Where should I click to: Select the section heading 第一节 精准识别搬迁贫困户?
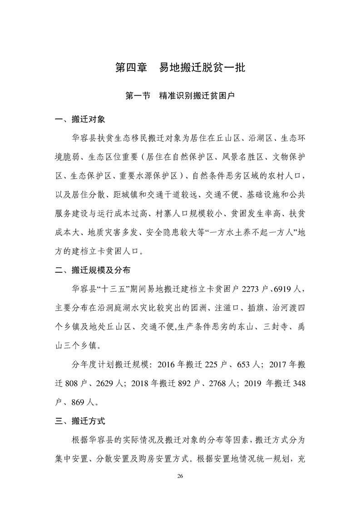(180, 96)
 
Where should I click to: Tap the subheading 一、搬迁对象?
(80, 120)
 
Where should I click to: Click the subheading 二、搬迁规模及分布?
(92, 270)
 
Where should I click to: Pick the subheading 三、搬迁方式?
(80, 421)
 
